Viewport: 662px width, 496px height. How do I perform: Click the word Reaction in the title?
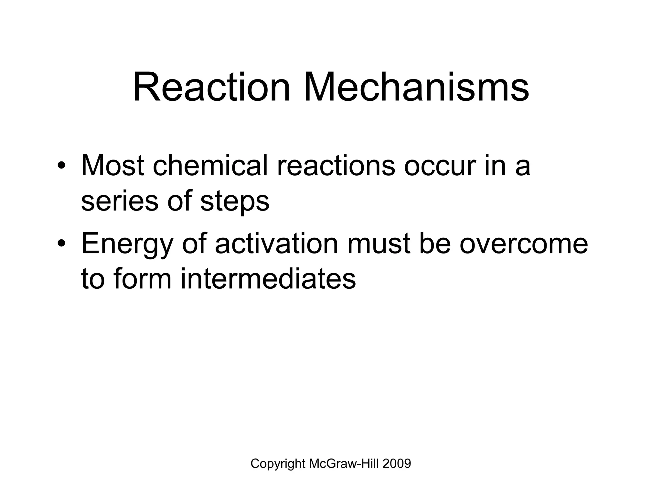click(212, 88)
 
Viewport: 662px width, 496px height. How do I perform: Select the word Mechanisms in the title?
click(416, 88)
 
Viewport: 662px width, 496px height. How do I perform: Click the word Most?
click(112, 166)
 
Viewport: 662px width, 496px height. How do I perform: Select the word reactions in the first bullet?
click(336, 166)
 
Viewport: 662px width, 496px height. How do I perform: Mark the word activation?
click(276, 244)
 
